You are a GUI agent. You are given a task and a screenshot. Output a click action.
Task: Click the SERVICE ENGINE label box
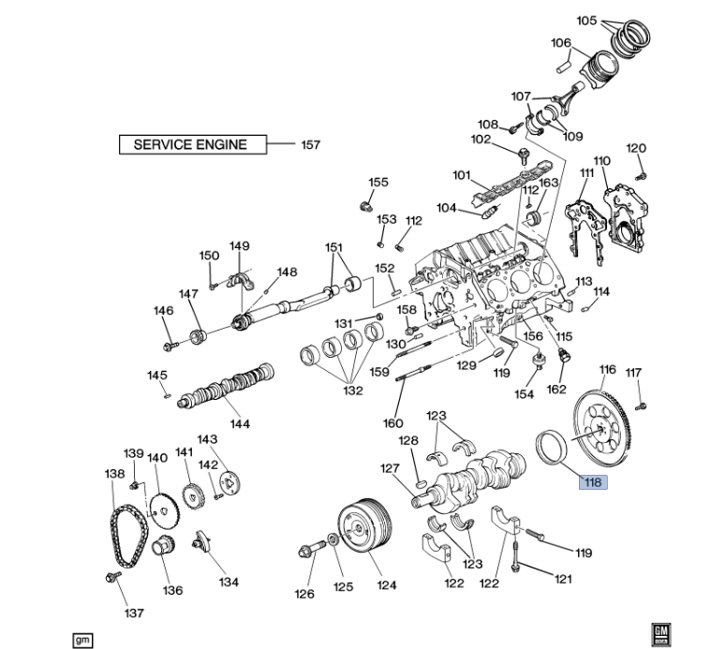coord(191,144)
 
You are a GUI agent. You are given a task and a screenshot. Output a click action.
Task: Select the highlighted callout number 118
coord(592,483)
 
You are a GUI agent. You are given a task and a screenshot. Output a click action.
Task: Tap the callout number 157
coord(310,145)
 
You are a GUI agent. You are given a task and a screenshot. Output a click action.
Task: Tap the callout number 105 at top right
coord(586,21)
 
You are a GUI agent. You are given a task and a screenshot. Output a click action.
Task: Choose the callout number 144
coord(241,423)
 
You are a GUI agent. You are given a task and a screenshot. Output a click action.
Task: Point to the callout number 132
coord(353,391)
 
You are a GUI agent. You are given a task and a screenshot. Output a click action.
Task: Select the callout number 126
coord(305,593)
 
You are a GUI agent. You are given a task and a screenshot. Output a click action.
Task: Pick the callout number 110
coord(601,161)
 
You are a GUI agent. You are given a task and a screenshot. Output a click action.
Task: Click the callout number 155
coord(377,183)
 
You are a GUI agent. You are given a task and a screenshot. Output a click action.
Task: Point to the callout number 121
coord(562,579)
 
